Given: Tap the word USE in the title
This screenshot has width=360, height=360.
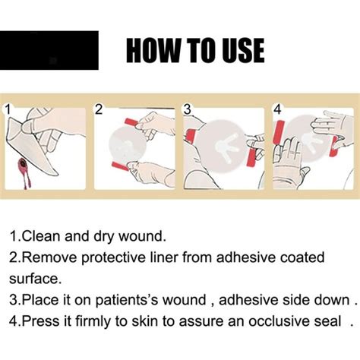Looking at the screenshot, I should point(238,51).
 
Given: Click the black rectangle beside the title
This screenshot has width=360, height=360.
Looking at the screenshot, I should point(49,50).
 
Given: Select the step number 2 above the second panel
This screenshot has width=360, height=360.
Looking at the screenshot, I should point(98,109).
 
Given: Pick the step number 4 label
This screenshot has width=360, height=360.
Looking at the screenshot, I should point(277,109).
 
